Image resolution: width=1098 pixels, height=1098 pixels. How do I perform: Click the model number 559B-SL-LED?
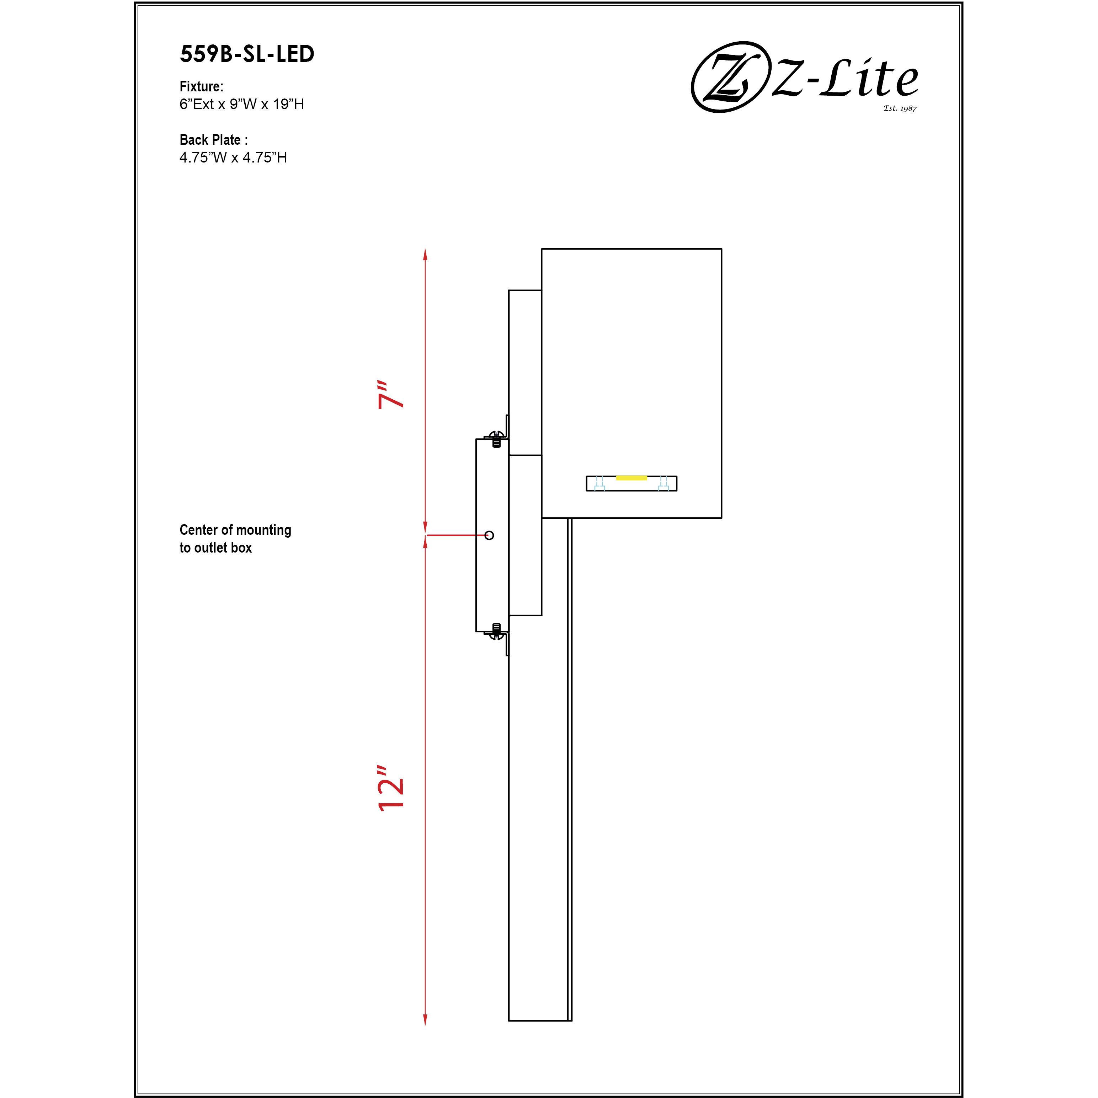point(247,54)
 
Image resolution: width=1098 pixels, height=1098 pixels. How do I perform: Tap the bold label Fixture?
point(201,86)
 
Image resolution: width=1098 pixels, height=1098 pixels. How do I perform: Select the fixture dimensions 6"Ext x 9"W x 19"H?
point(241,104)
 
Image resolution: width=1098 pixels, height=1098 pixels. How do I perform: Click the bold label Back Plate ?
point(213,140)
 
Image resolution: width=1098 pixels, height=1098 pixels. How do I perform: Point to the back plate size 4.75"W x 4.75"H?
point(233,158)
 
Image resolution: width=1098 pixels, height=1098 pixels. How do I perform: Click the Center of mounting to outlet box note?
point(235,538)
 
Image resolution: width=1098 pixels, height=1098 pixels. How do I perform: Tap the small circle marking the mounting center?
point(489,535)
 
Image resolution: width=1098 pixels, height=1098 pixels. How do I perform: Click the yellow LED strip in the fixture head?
point(631,478)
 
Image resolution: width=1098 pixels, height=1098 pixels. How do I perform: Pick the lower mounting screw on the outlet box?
point(496,631)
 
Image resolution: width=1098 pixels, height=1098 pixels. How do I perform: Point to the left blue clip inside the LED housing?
point(599,484)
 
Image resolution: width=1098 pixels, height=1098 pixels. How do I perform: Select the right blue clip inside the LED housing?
point(663,484)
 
